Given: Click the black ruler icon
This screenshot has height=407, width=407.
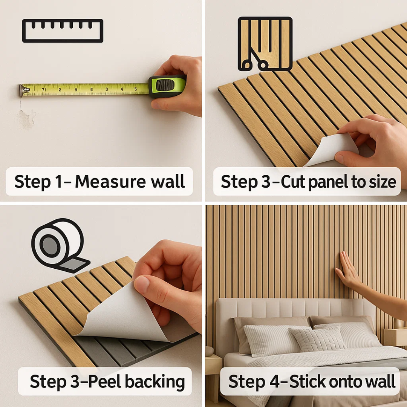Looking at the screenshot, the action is (63, 31).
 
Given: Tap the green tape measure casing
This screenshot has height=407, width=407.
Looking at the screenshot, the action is (167, 87).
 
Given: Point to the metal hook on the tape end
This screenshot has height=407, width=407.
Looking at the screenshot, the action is (24, 90).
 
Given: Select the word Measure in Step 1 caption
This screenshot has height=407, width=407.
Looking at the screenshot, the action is (110, 181).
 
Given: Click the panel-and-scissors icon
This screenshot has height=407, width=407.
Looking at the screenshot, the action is (265, 44).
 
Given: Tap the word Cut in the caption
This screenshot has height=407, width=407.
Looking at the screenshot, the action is (294, 181).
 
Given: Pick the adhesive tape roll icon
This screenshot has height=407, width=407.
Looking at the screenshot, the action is (60, 246).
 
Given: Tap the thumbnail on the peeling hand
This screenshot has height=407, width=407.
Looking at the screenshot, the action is (142, 283).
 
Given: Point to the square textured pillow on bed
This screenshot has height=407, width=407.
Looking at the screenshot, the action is (317, 340).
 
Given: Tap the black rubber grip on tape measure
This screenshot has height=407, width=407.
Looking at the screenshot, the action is (165, 85).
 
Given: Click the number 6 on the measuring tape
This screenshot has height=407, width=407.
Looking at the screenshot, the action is (91, 90).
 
